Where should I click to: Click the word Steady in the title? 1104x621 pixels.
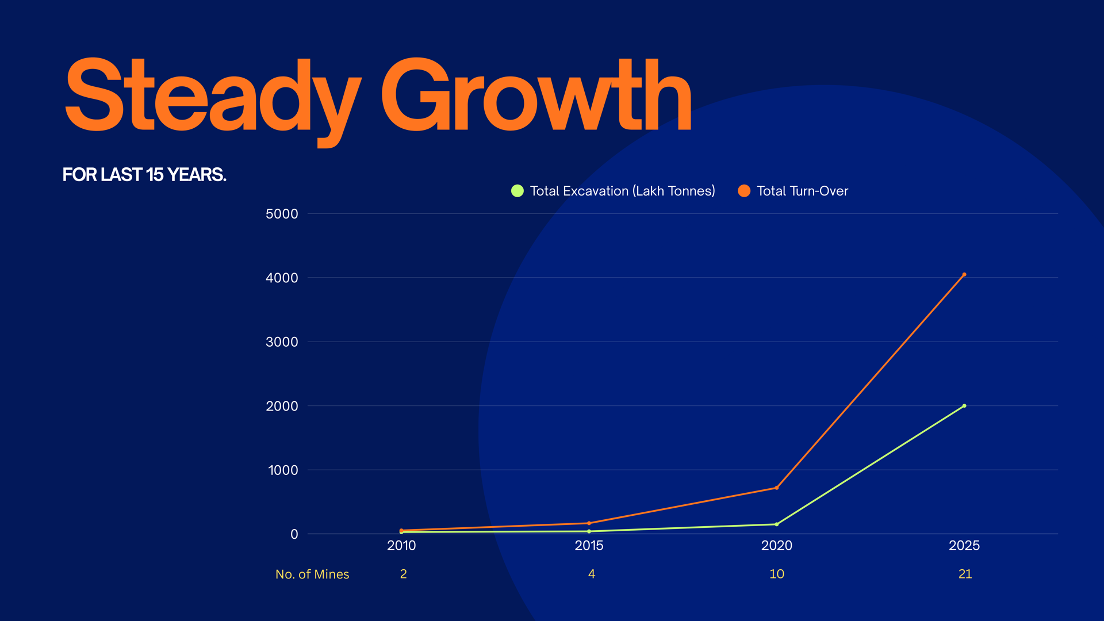point(213,95)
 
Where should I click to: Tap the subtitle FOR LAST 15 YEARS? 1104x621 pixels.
point(144,175)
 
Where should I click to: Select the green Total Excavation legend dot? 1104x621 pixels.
point(517,191)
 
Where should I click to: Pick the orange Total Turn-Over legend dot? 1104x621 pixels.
point(744,191)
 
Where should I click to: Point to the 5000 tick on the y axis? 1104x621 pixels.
point(282,214)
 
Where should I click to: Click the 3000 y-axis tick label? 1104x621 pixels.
point(282,342)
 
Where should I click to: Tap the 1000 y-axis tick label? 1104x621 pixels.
point(283,470)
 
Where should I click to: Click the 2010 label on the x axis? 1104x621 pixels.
point(401,546)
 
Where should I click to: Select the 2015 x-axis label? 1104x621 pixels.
point(589,546)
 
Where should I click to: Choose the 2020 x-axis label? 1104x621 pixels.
point(777,546)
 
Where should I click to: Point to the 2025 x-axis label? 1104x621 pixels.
point(964,546)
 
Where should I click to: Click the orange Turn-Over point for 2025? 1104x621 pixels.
point(964,275)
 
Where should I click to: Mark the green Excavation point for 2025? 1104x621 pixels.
point(964,406)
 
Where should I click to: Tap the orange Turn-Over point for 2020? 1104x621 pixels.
point(777,488)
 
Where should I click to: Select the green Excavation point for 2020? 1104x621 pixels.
point(777,524)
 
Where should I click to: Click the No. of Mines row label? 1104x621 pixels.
point(312,574)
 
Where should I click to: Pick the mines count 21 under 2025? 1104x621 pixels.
point(965,574)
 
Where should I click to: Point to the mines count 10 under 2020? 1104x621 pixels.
point(777,574)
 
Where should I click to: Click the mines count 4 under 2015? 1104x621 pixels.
point(592,574)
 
